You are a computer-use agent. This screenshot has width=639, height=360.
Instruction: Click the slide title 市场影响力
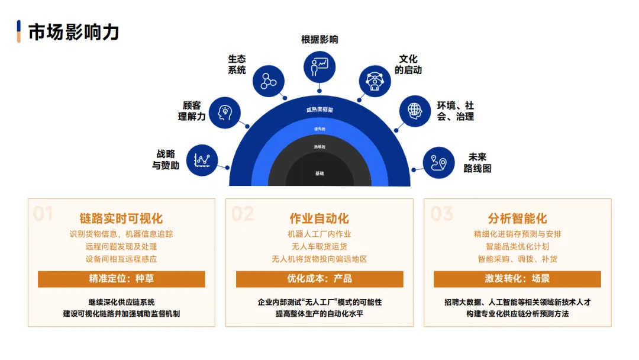[x=73, y=32]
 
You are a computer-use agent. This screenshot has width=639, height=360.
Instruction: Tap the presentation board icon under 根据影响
[x=319, y=66]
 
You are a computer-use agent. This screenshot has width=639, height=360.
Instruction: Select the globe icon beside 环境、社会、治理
[x=415, y=111]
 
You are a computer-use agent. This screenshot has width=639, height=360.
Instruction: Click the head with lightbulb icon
[x=225, y=112]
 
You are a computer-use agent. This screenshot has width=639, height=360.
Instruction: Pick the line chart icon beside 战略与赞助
[x=202, y=159]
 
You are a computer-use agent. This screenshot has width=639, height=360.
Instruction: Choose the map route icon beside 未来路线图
[x=438, y=162]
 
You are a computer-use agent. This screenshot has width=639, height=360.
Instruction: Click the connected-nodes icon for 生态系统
[x=269, y=81]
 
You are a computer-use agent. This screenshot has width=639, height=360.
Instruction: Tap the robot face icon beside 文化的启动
[x=375, y=81]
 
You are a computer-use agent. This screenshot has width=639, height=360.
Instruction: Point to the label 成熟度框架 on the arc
[x=319, y=110]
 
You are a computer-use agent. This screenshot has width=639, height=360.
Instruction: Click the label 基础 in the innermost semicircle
[x=319, y=173]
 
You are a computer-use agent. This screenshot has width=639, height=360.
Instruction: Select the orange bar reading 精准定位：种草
[x=121, y=279]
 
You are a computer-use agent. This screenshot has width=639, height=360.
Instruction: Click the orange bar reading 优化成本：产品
[x=319, y=279]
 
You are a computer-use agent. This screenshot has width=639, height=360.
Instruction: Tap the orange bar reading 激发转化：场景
[x=517, y=279]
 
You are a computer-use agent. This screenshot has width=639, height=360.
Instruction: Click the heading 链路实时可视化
[x=121, y=218]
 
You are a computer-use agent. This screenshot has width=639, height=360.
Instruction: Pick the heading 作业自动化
[x=319, y=218]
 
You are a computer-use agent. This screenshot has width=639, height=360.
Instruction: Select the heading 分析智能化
[x=517, y=218]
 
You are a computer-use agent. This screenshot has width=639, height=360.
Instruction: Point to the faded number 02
[x=243, y=214]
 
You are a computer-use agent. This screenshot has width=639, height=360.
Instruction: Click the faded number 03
[x=441, y=214]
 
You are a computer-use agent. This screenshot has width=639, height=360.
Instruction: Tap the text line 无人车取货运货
[x=319, y=246]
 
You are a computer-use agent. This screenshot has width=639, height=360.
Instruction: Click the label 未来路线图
[x=477, y=163]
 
